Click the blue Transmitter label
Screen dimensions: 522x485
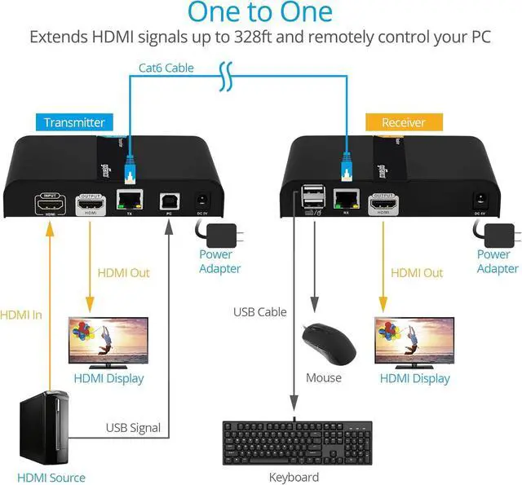coord(74,122)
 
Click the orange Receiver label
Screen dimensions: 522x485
coord(404,122)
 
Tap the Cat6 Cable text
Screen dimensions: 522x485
coord(166,68)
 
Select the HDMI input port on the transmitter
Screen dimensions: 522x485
coord(51,205)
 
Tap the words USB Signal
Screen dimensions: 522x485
coord(133,427)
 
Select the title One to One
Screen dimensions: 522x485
coord(260,13)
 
